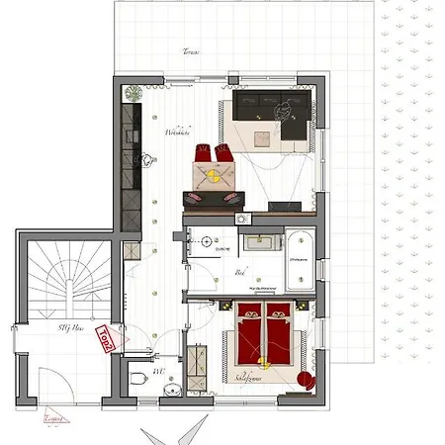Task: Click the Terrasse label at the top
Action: pos(192,52)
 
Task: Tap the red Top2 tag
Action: pos(102,339)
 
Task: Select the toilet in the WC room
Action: pos(138,376)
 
